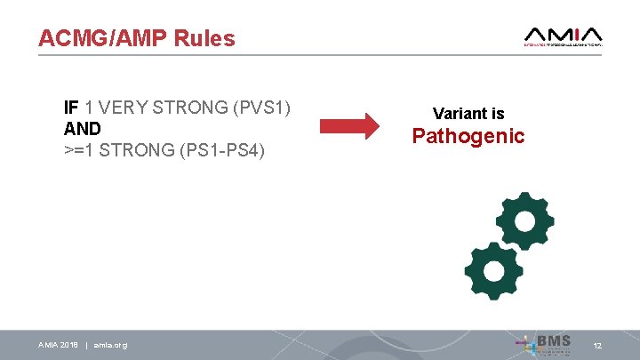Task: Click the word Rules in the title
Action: (x=205, y=38)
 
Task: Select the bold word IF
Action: (x=72, y=108)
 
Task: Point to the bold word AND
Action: (x=83, y=129)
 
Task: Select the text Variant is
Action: (x=468, y=114)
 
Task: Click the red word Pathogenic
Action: (x=468, y=136)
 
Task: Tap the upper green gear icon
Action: (x=524, y=221)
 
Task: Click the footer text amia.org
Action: (x=110, y=345)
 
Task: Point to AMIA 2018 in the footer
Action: (x=58, y=345)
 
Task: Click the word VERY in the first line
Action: (x=124, y=108)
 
